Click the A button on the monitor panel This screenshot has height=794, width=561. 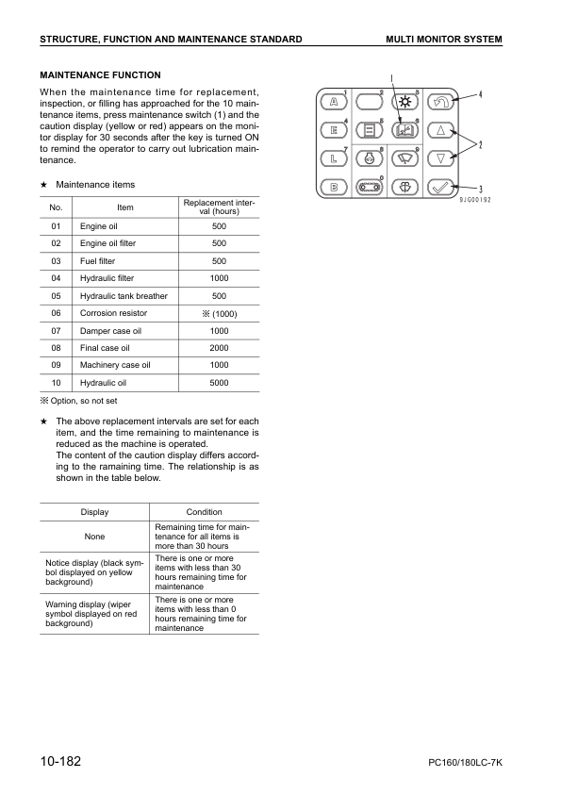(x=334, y=101)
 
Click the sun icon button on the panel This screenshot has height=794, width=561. (x=404, y=101)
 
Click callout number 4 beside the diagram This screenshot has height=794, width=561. (x=480, y=94)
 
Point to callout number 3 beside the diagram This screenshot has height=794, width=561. (x=481, y=189)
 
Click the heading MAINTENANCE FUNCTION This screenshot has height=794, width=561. (x=100, y=75)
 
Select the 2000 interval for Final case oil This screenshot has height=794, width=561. (x=219, y=348)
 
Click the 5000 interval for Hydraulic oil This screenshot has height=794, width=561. (x=219, y=382)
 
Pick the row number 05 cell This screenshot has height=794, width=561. (x=56, y=296)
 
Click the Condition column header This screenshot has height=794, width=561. (x=205, y=512)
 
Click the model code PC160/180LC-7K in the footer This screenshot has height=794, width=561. (x=459, y=763)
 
